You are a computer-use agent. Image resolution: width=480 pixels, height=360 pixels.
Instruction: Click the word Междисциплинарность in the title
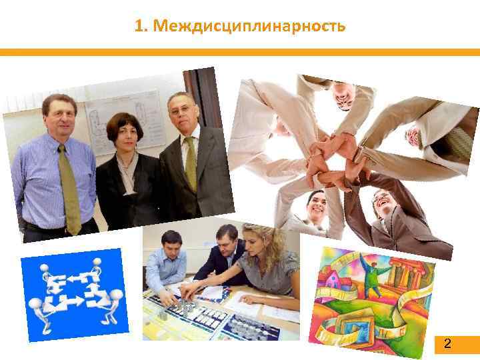coord(249,26)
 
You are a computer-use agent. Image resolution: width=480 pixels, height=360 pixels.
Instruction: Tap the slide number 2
coord(447,344)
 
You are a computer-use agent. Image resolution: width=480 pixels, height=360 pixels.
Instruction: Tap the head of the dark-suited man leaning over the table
coord(223,241)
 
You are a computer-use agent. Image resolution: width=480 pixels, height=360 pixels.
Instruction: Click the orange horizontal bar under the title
coord(240,52)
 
